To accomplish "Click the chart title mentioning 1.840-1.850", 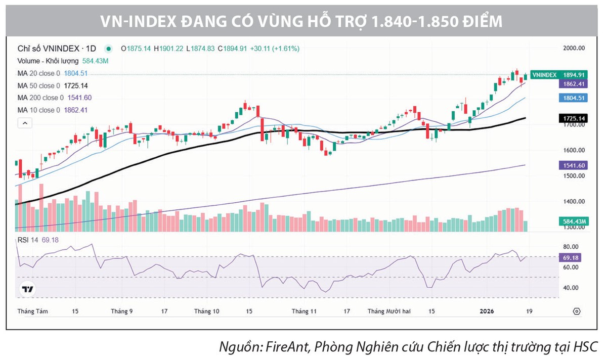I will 303,22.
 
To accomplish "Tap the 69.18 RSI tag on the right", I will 572,258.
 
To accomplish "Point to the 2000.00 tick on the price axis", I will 574,49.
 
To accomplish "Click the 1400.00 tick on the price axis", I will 574,202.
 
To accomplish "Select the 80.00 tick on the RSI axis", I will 570,247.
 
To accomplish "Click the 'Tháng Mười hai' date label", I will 389,311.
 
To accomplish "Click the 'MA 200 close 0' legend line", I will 54,98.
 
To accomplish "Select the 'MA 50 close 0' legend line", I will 53,85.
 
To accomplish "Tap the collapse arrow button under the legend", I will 24,123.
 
